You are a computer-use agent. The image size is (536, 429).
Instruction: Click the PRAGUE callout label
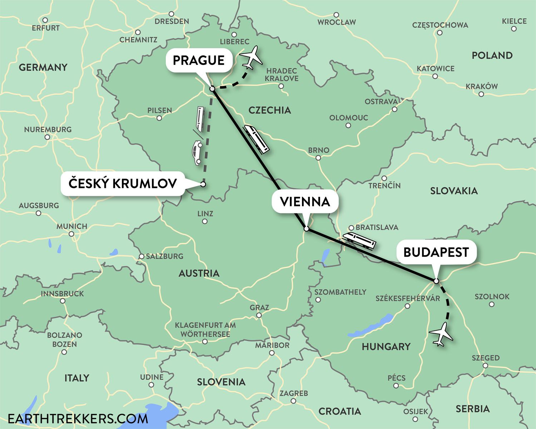click(199, 60)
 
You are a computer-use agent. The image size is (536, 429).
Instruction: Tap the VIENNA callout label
click(305, 202)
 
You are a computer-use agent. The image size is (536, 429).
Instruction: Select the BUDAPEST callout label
click(436, 252)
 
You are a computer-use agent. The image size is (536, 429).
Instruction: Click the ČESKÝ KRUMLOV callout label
click(123, 183)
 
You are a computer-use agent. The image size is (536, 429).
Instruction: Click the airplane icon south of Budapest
click(441, 334)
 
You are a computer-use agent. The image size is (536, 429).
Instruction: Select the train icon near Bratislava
click(359, 240)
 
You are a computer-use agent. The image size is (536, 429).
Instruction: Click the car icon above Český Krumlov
click(197, 153)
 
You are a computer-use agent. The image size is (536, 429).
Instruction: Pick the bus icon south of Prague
click(199, 119)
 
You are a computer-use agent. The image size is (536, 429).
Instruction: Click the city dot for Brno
click(318, 158)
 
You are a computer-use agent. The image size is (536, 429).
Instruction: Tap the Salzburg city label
click(164, 256)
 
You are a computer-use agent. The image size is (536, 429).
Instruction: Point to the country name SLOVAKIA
click(454, 191)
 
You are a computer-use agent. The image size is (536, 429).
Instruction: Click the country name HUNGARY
click(386, 346)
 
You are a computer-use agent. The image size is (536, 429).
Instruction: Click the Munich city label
click(72, 226)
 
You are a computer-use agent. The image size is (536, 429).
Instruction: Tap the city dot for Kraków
click(481, 94)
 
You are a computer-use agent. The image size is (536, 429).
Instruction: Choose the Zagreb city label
click(293, 393)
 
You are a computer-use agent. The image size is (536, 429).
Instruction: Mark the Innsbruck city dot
click(63, 301)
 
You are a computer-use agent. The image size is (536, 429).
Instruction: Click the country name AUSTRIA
click(199, 273)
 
